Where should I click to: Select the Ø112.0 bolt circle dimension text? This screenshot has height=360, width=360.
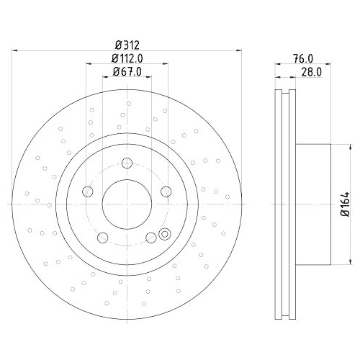pos(127,58)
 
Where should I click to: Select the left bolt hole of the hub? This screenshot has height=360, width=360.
pos(89,191)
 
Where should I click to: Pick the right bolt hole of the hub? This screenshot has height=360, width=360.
pos(166,191)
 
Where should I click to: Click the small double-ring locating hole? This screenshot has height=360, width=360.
pos(164,233)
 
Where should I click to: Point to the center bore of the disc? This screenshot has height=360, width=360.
pos(127,203)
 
